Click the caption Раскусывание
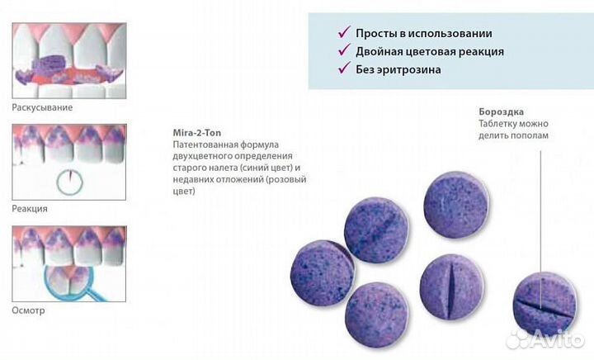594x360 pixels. coord(42,107)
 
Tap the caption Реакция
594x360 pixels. coord(30,209)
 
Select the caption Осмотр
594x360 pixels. coord(28,310)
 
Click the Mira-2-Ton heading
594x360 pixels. coord(197,133)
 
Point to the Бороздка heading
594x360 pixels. coord(502,111)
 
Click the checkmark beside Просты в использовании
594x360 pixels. coord(344,32)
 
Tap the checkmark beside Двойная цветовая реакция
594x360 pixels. coord(344,50)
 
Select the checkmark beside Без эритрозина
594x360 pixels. coord(344,68)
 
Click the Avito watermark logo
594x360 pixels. coord(545,339)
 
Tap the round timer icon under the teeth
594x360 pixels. coord(69,182)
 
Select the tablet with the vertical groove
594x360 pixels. coord(451,287)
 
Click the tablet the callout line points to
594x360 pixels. coord(544,305)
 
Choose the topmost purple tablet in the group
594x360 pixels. coord(456,205)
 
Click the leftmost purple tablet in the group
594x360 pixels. coord(323,272)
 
